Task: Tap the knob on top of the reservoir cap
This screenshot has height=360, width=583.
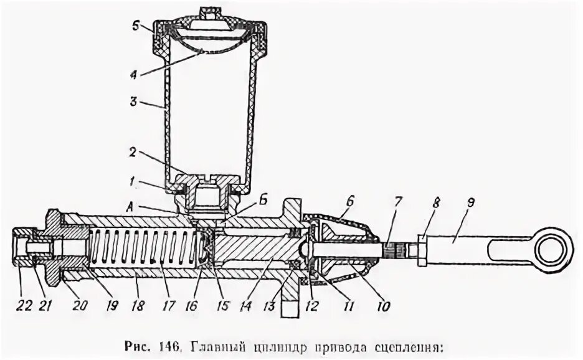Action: click(207, 12)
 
